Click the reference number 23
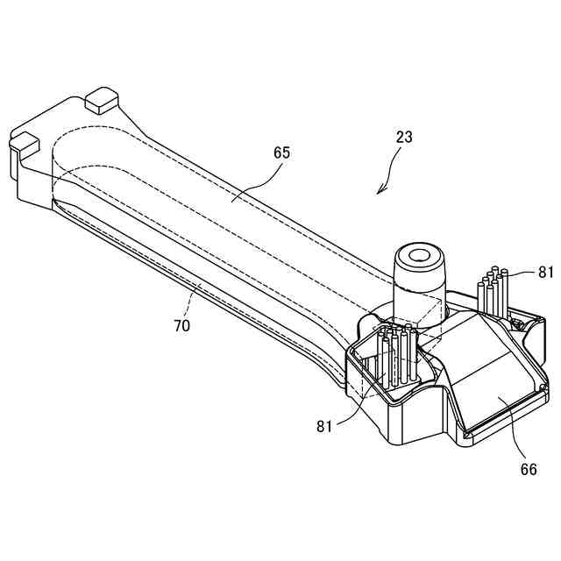click(x=404, y=137)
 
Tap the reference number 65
click(x=281, y=153)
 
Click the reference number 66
click(x=529, y=469)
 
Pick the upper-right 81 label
click(x=546, y=273)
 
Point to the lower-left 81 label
click(x=325, y=427)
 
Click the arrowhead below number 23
click(x=380, y=190)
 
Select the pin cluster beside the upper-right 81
click(x=493, y=294)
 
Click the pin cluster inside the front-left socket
click(x=394, y=355)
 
